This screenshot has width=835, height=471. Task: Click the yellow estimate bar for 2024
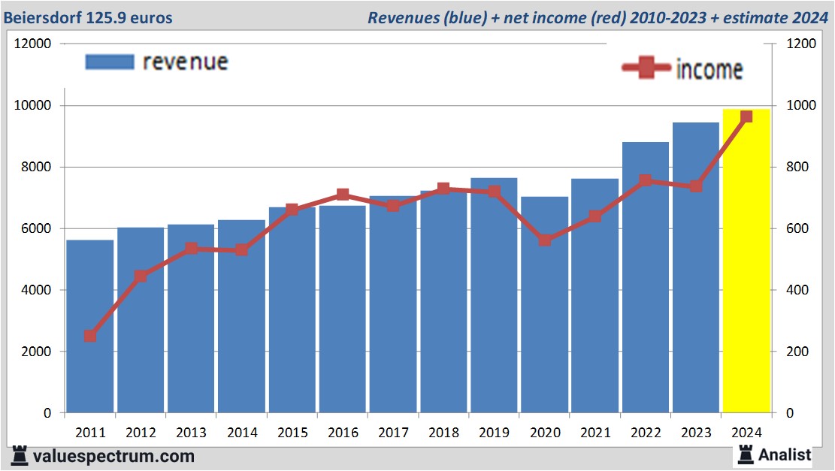746,263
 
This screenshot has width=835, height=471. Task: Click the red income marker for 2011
90,336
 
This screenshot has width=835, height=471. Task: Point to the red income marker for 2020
545,240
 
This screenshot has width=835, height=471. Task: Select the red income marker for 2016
343,195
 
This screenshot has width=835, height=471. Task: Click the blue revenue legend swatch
110,62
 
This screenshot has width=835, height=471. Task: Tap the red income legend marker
646,68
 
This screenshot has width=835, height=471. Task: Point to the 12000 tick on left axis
33,44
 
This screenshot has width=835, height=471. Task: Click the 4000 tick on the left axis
36,290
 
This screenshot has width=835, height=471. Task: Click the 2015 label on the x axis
292,433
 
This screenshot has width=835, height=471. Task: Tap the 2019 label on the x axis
494,433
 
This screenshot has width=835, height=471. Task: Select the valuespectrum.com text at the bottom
113,455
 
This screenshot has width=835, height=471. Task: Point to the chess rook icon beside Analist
746,454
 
